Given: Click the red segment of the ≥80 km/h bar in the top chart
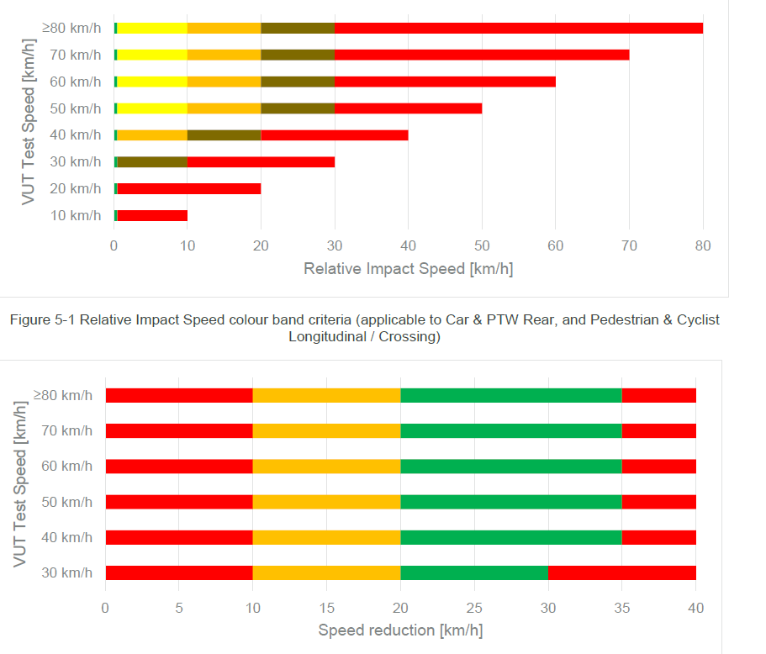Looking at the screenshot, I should pos(518,28).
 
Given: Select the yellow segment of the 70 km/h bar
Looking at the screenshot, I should pos(151,55).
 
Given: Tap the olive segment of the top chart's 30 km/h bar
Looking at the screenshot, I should pos(151,161).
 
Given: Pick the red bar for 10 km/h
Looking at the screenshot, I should pos(151,215).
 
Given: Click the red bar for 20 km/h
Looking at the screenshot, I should pos(188,188).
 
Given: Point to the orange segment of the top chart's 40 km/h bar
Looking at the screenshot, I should pos(151,134).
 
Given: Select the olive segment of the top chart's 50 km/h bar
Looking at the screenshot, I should pos(297,108).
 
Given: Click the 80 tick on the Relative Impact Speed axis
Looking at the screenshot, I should pos(703,245).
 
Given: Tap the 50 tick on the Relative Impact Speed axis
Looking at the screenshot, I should pos(482,245).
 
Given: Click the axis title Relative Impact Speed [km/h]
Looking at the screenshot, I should pos(408,269).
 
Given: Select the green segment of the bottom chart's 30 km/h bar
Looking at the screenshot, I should pos(473,573).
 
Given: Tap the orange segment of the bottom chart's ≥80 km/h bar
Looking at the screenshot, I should pos(326,395).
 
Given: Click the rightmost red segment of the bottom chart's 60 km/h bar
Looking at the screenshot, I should pos(658,467).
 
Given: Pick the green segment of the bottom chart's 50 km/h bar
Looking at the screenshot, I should pos(510,502).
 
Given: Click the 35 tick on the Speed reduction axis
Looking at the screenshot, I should pos(621,606).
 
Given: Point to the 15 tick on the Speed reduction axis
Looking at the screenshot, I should pos(326,606).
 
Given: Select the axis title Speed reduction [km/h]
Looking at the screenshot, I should pos(400,630).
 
